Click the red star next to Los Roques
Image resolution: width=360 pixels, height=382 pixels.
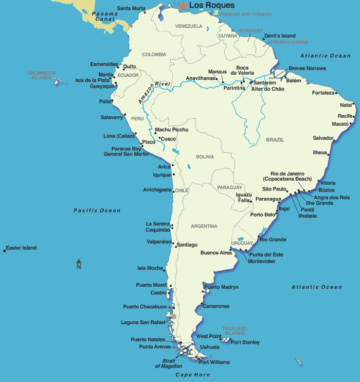(x=183, y=6)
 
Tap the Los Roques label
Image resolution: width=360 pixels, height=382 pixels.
(x=212, y=5)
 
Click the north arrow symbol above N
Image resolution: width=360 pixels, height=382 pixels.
(x=79, y=261)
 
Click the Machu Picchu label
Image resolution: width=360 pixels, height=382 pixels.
(x=172, y=130)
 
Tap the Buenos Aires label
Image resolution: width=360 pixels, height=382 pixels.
(x=216, y=253)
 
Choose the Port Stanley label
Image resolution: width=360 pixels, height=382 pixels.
(x=245, y=342)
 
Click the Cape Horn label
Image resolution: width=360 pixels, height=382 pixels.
(x=192, y=375)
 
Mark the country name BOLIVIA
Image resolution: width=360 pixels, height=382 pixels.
(x=205, y=157)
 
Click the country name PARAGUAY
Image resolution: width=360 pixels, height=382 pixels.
(x=229, y=187)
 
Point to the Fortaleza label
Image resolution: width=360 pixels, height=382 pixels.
(x=323, y=93)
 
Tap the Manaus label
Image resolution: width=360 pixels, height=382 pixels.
(x=218, y=72)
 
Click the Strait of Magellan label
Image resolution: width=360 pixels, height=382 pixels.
(x=169, y=363)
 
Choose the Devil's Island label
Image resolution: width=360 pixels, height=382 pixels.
(x=280, y=36)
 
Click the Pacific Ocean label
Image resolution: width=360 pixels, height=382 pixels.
(x=97, y=211)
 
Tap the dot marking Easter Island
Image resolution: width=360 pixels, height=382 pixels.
(x=5, y=251)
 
